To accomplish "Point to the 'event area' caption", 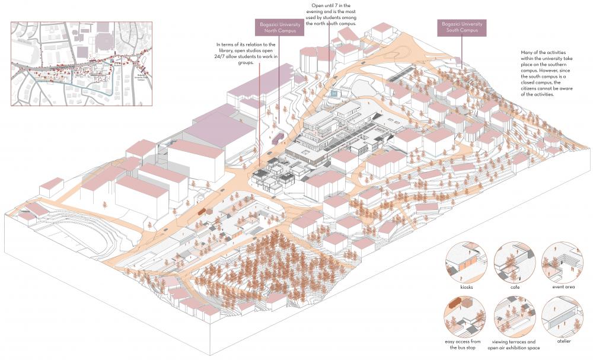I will click(x=562, y=287).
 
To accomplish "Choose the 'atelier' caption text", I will click(x=562, y=342).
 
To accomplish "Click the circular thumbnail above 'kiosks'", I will click(x=467, y=263).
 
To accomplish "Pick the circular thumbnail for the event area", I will click(x=562, y=263).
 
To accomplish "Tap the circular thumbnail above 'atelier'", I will click(x=562, y=317).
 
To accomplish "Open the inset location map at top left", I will click(x=81, y=63).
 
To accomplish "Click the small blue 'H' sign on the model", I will click(x=334, y=93).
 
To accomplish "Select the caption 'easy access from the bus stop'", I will click(x=467, y=345).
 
